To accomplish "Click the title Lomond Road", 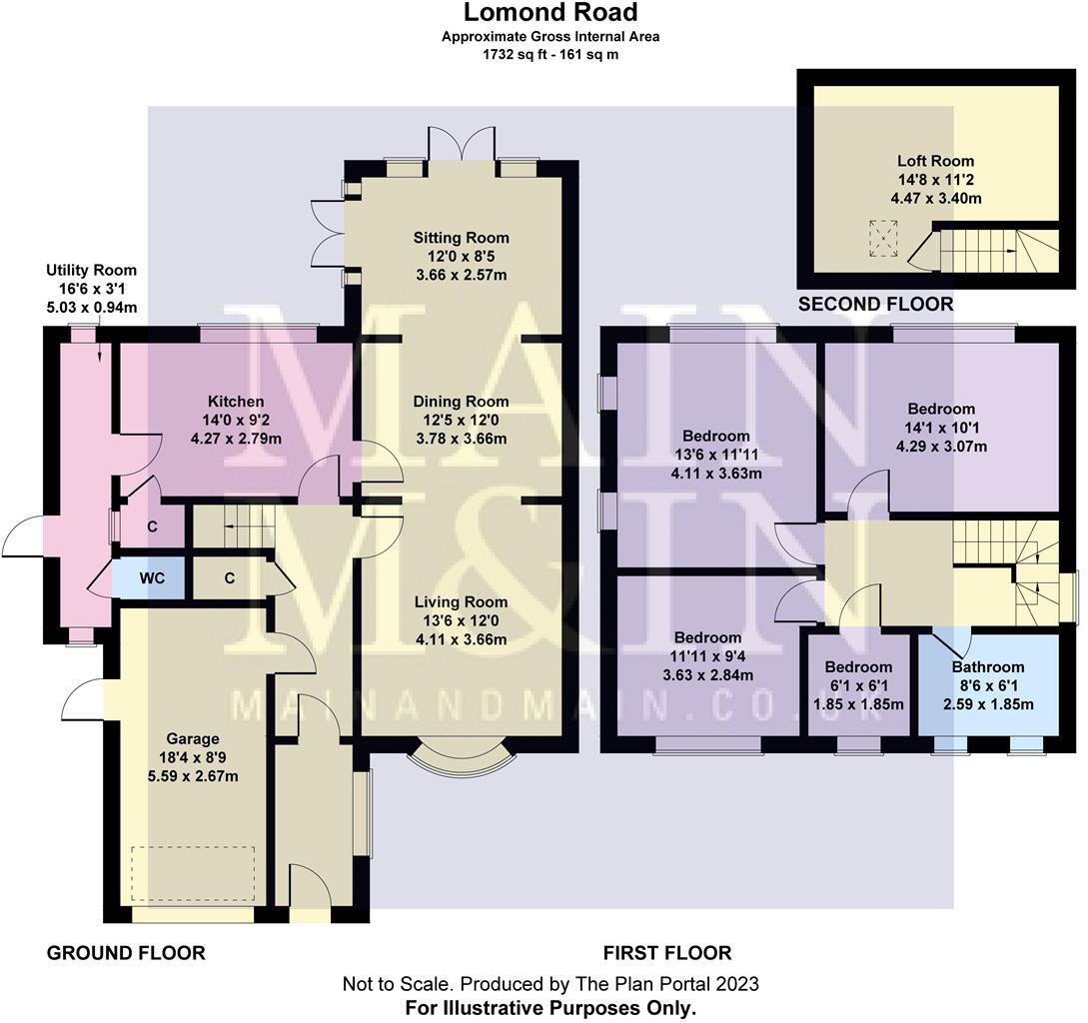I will (549, 13).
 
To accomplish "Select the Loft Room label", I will (935, 161).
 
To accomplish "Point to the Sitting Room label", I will (462, 238).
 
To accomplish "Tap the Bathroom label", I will (987, 667).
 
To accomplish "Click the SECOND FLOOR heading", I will (874, 304).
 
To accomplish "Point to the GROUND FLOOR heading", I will (126, 953).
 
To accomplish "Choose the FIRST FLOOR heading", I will (667, 953).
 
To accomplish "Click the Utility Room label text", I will (91, 271).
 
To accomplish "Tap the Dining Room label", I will (462, 402).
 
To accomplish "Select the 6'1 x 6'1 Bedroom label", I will (858, 667).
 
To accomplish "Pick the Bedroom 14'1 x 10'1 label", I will (940, 409).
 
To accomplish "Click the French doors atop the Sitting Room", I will (461, 144).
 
